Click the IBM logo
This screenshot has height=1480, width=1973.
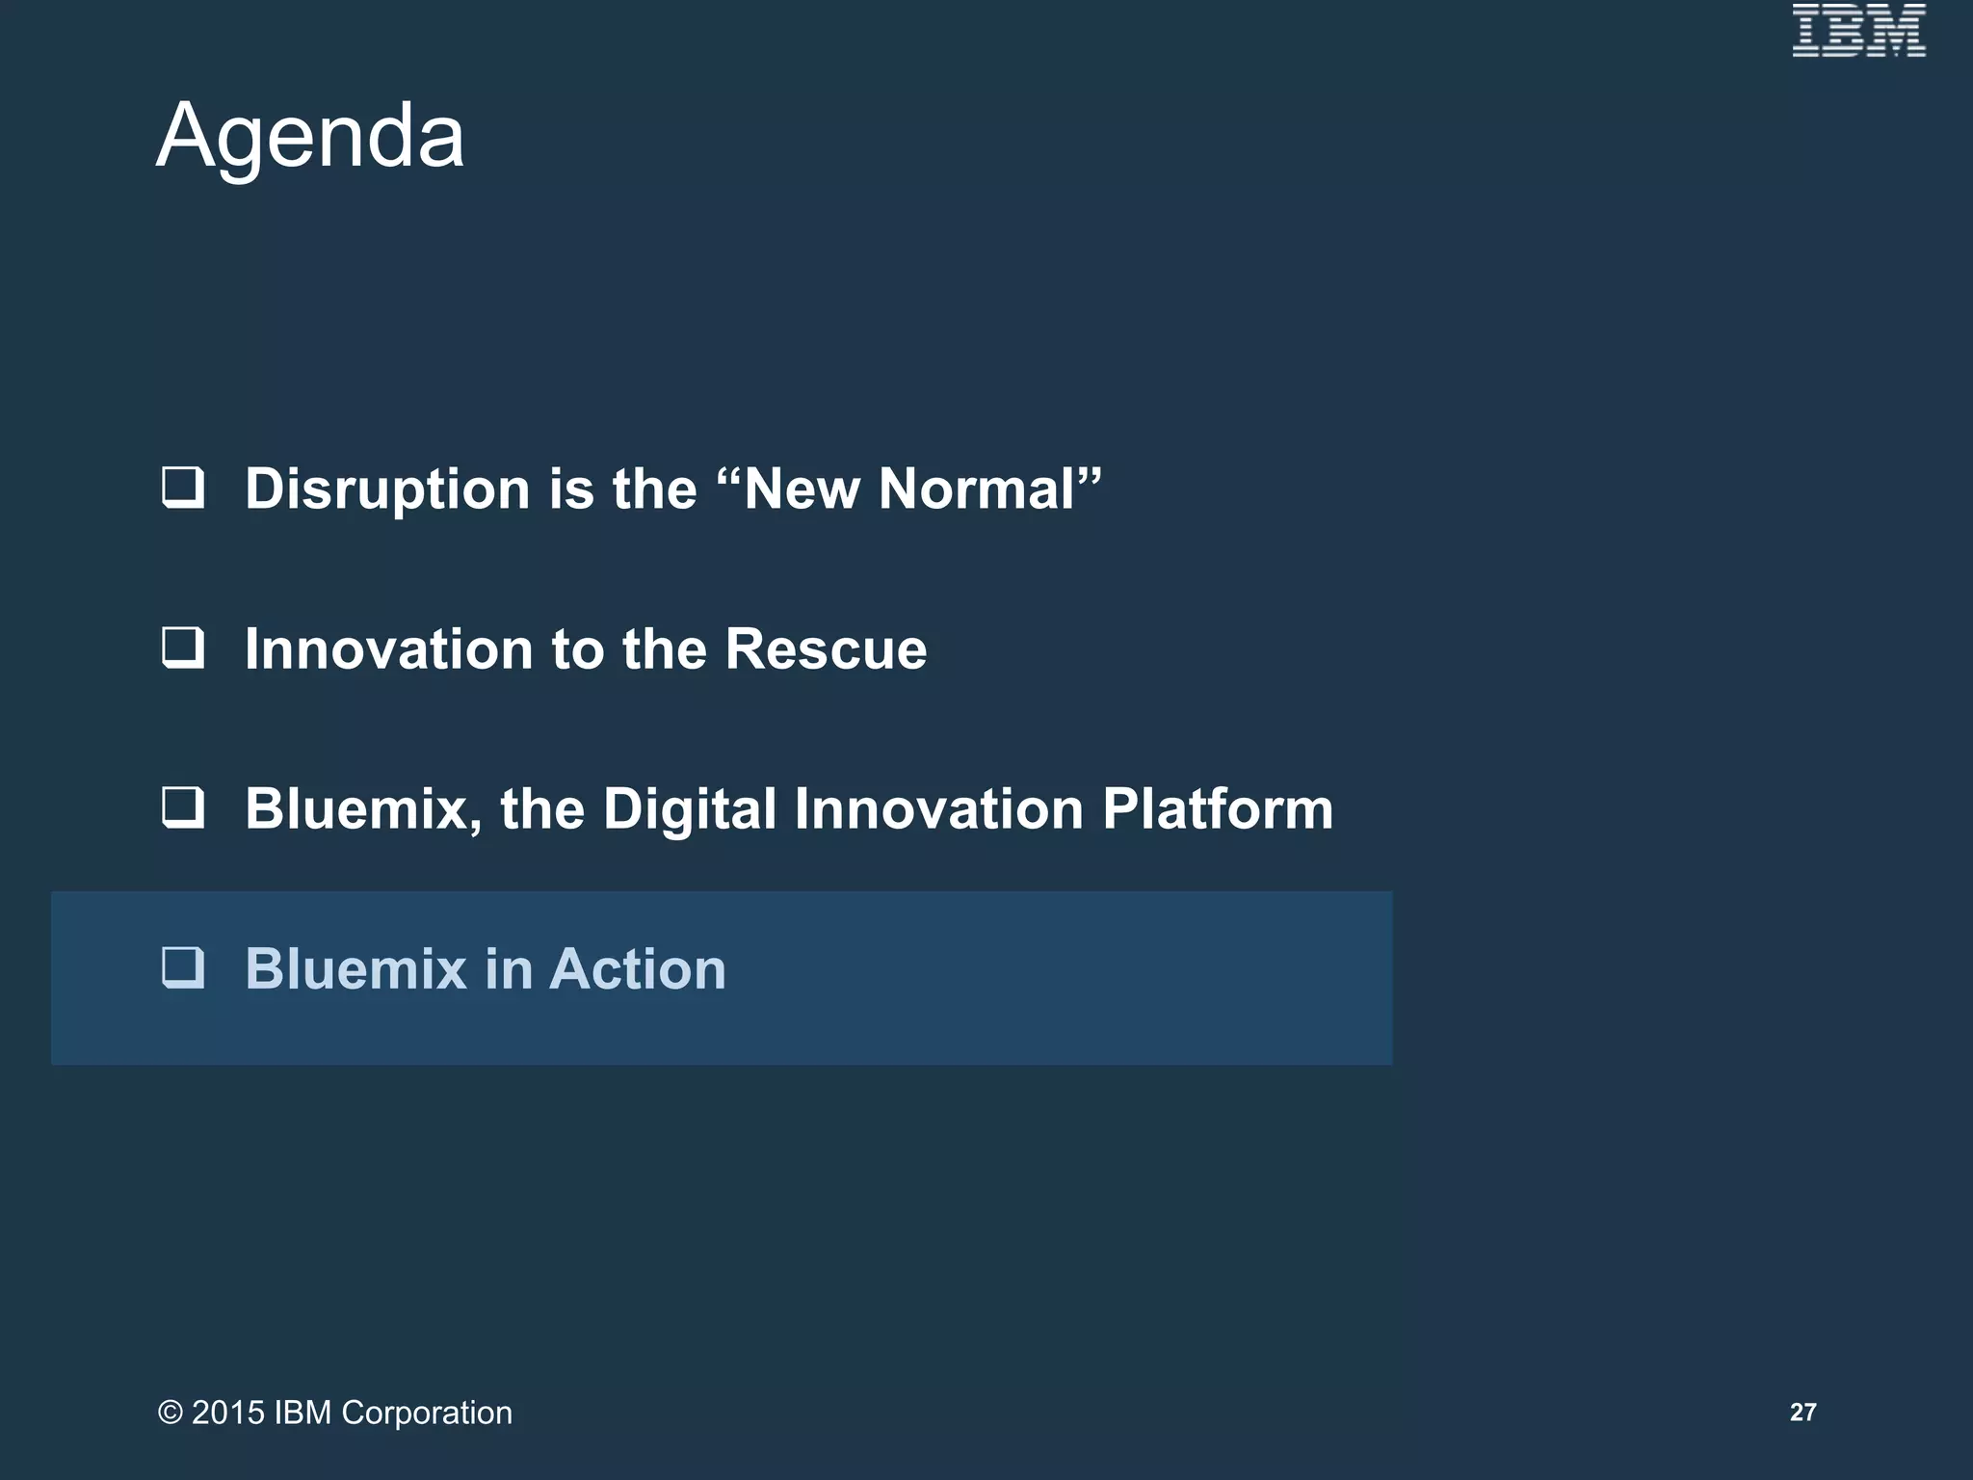[x=1858, y=31]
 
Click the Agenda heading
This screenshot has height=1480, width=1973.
[x=310, y=136]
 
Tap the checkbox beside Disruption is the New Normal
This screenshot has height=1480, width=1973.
[x=183, y=488]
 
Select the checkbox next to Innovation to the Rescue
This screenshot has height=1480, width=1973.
[x=183, y=647]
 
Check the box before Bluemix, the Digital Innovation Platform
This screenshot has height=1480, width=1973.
[x=183, y=807]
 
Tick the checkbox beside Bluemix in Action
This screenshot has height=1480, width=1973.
[x=183, y=967]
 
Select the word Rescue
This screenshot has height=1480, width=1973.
[x=826, y=648]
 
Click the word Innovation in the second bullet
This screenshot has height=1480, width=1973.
[x=388, y=648]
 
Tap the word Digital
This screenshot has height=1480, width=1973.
[x=689, y=808]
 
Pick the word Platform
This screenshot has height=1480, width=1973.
[x=1218, y=808]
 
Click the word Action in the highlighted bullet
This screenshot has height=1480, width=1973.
[x=638, y=968]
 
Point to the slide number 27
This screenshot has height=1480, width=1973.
[x=1802, y=1413]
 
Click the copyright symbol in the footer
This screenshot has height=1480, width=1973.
[x=171, y=1413]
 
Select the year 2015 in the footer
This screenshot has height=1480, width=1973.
[x=228, y=1413]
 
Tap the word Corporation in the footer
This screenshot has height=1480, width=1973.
[x=427, y=1413]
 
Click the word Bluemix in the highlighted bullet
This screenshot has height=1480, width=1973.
[x=355, y=968]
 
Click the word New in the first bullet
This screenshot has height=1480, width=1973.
[x=802, y=489]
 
